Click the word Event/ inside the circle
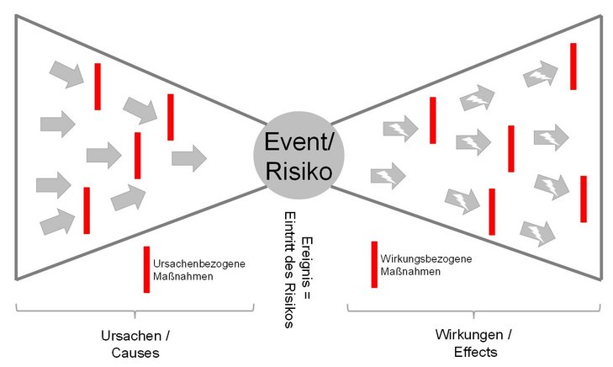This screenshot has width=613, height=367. (x=299, y=140)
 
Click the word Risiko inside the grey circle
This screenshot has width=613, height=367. (x=299, y=171)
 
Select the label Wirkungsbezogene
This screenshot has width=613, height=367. (x=426, y=258)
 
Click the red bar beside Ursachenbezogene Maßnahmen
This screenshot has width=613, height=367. (x=146, y=269)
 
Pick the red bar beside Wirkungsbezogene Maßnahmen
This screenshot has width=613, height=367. (x=374, y=264)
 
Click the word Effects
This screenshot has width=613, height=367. (x=477, y=352)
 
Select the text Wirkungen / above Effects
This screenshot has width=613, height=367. (x=477, y=335)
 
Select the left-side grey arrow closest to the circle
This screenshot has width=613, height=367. (x=188, y=157)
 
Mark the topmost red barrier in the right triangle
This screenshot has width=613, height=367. (x=573, y=66)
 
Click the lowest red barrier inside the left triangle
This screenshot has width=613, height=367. (x=87, y=210)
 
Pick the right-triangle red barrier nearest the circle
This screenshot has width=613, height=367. (x=432, y=120)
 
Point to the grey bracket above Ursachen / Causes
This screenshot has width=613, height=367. (x=135, y=309)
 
